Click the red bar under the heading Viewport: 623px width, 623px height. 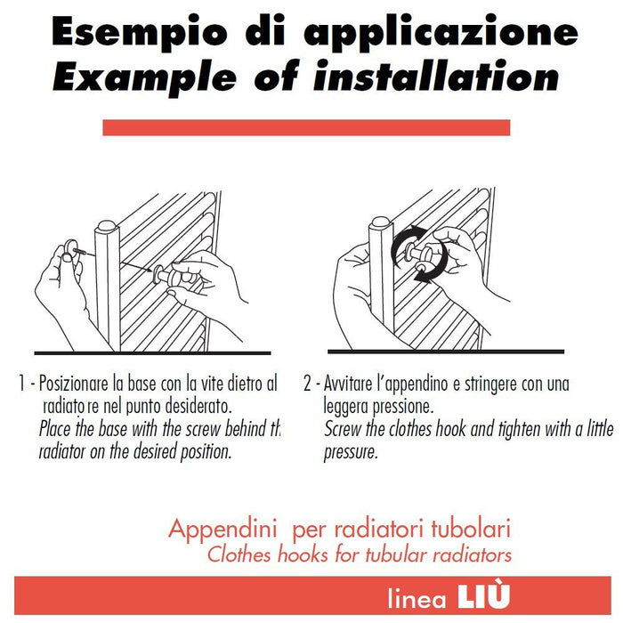click(x=306, y=127)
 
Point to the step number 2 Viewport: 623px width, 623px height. click(x=307, y=385)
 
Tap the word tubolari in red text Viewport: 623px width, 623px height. click(x=475, y=530)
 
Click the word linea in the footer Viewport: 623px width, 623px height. click(x=417, y=598)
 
